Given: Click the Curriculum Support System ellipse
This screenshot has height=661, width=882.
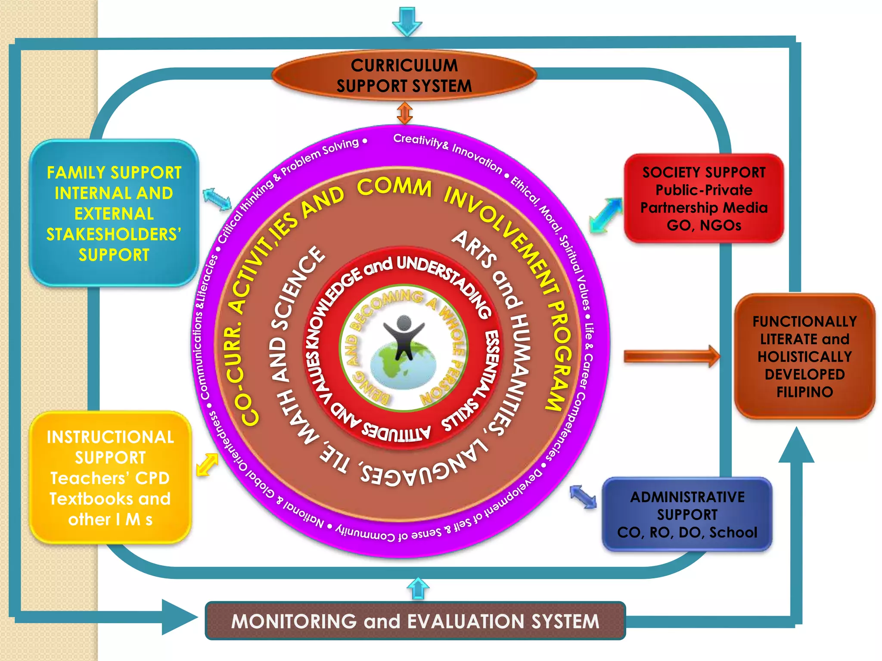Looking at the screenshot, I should (x=404, y=75).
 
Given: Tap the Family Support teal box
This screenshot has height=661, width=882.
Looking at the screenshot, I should (x=114, y=213).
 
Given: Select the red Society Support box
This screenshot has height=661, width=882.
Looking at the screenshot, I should (x=704, y=198).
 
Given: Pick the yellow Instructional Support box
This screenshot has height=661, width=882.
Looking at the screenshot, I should (x=110, y=478).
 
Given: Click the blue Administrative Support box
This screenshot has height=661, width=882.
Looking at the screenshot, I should (x=687, y=514).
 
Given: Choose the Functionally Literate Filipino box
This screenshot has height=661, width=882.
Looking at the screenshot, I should (x=804, y=356).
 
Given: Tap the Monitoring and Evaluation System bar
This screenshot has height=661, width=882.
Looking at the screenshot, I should (x=415, y=621).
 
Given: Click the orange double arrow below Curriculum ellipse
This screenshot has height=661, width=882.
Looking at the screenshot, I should (x=404, y=113).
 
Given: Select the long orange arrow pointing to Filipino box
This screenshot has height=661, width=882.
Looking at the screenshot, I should (x=671, y=356).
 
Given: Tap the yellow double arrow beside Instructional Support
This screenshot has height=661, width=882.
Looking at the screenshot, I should (x=207, y=465).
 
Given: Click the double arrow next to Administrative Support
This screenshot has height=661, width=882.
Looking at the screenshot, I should (x=583, y=497).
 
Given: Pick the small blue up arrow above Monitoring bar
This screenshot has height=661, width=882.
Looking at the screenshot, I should (x=418, y=589).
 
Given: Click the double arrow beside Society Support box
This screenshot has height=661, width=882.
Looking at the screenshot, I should (x=606, y=215).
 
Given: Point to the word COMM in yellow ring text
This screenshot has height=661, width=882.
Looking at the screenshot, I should (x=394, y=187).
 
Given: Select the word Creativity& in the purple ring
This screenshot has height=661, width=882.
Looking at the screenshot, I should (x=420, y=142).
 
